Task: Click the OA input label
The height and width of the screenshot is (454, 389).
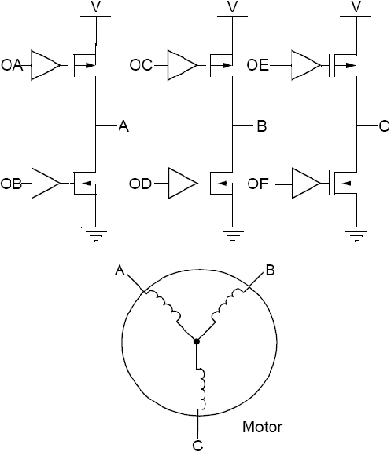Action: (12, 65)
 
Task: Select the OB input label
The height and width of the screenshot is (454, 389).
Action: (11, 184)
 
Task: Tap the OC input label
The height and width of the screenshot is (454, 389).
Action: (141, 65)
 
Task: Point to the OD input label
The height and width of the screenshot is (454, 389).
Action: (140, 184)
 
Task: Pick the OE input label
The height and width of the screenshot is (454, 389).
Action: (257, 65)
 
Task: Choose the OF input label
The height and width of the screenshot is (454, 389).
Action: (258, 184)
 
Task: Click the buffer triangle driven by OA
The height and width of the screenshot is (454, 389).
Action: (46, 65)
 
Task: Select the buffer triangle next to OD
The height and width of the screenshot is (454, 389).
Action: (184, 184)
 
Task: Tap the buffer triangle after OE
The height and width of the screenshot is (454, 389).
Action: (306, 65)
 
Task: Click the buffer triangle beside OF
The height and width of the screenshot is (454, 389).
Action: (307, 184)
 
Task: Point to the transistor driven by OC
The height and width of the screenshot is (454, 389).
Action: (220, 65)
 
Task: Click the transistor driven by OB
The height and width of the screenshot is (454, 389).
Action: (84, 184)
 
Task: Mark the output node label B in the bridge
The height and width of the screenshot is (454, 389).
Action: (262, 126)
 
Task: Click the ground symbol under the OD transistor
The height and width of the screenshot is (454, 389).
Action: (233, 236)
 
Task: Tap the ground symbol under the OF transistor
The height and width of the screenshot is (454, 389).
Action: (356, 236)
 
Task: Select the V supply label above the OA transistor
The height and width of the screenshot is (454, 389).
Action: (96, 7)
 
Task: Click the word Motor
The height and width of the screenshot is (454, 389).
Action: (262, 426)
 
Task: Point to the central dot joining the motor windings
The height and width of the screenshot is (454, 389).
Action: (197, 341)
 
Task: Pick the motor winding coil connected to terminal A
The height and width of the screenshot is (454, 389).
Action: (163, 307)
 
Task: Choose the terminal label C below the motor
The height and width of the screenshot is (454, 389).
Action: (198, 444)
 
